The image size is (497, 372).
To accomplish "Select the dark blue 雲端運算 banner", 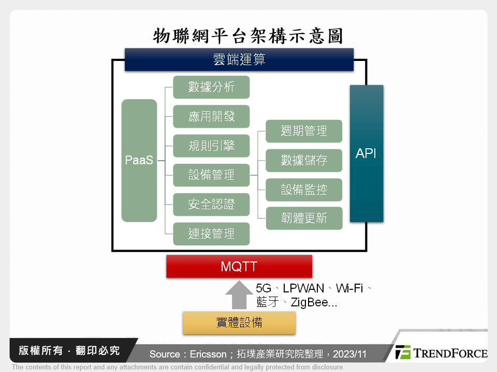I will coord(239,59).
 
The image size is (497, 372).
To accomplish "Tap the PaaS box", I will coord(139,160).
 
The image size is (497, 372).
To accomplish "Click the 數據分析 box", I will coord(211,87).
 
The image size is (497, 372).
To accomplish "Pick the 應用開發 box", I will coord(211,117).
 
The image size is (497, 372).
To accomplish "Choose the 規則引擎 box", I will coord(211,146).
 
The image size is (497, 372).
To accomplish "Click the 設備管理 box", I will coord(211,175).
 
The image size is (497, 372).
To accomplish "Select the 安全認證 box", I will coord(211,205).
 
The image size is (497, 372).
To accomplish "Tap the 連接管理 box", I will coord(211,234).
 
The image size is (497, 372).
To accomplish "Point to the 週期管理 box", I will coord(304,131).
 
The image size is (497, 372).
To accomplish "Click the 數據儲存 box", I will coord(304,161).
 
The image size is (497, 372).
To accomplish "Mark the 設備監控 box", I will coord(304,190).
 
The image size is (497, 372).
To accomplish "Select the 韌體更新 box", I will coord(304,219).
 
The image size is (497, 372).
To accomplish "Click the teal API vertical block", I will coord(367,153).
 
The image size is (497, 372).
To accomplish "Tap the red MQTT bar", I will coord(239,267).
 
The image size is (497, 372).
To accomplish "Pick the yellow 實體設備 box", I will coord(239,323).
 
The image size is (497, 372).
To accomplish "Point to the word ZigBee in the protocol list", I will coord(309,303).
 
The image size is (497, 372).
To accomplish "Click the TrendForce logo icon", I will coord(403,352).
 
